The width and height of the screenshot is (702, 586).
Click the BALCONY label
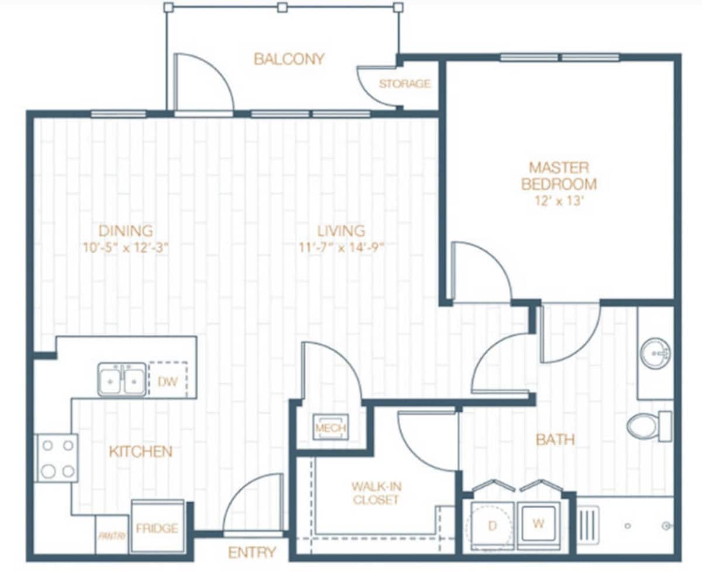point(288,59)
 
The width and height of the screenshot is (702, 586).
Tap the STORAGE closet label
point(404,84)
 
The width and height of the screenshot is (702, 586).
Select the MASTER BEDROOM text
point(559,176)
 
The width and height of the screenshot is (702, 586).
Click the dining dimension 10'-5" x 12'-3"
point(125,247)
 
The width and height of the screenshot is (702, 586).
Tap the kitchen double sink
point(122,379)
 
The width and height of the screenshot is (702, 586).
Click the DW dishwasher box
point(167,381)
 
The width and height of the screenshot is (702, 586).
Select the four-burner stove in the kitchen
point(57,458)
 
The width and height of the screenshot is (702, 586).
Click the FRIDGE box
point(157,528)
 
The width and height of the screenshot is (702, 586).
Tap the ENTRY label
point(252,552)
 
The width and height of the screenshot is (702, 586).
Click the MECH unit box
point(331,428)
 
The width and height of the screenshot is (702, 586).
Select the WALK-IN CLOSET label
point(376,493)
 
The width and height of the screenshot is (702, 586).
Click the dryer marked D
point(491,526)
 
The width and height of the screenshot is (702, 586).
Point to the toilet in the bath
point(648,426)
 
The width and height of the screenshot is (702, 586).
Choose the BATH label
point(555,439)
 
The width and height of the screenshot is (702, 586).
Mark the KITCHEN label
point(140,451)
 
